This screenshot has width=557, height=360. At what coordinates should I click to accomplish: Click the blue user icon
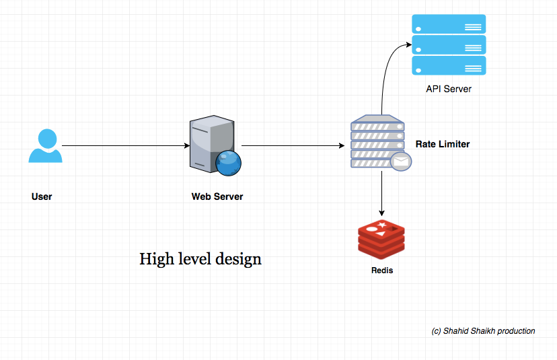(46, 146)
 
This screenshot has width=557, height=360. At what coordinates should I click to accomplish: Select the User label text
(42, 196)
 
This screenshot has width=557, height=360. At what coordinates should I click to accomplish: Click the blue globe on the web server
(228, 163)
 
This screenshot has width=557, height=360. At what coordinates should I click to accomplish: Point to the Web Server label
(217, 196)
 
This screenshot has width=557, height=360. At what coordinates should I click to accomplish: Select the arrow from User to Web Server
(126, 145)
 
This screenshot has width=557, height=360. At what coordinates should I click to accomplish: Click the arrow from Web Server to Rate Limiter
(293, 145)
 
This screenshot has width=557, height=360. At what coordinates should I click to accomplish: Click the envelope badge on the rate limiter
(401, 161)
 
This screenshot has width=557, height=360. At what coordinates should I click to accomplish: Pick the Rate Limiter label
(443, 144)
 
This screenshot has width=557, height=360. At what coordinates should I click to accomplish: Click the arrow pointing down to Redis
(381, 194)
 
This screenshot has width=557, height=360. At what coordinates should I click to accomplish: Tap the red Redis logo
(381, 239)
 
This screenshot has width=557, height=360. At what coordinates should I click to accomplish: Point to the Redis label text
(382, 271)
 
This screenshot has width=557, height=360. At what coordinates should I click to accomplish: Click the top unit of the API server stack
(449, 24)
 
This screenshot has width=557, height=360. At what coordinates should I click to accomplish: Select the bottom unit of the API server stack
(449, 65)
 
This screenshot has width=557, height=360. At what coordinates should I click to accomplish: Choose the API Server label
(449, 89)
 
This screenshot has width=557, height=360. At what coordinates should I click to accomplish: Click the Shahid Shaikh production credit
(483, 331)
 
